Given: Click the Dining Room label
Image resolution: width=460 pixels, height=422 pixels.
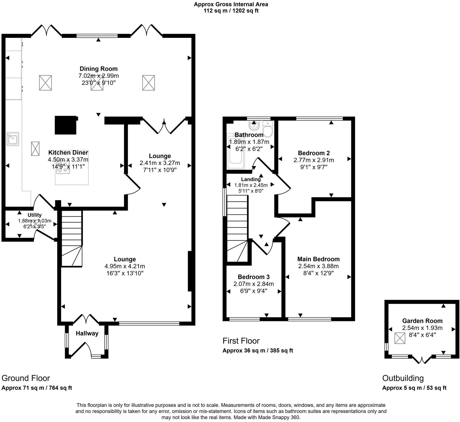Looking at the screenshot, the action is (99, 69).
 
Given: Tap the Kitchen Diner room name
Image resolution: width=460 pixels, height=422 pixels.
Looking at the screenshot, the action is (68, 153).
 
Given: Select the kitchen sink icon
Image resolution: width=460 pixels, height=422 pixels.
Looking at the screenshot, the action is (13, 139).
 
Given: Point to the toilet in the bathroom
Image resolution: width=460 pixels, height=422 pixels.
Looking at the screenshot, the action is (268, 129).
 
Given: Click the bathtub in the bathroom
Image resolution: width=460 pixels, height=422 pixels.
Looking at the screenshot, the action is (236, 151).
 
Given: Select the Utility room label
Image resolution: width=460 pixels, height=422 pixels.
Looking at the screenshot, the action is (35, 215).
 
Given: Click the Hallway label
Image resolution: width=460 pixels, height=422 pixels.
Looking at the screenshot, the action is (87, 333).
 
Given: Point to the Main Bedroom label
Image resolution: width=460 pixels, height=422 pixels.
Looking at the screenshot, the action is (319, 259).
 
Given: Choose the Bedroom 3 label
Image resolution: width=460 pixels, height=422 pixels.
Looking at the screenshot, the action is (254, 277).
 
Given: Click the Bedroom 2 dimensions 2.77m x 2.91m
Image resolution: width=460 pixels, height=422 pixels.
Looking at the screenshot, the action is (314, 160).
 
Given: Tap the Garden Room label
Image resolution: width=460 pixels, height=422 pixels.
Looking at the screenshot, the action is (422, 321).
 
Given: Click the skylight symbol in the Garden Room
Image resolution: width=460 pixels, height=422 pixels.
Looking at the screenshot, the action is (400, 338).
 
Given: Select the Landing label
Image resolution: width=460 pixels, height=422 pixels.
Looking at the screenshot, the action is (251, 179).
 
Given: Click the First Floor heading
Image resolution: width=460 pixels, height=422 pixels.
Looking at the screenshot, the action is (241, 341).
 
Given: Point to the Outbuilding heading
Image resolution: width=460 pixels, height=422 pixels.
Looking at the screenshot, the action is (403, 378).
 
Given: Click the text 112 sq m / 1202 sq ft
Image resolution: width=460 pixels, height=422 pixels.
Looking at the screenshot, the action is (231, 11).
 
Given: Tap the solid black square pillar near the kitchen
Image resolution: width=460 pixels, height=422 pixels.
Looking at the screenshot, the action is (66, 125).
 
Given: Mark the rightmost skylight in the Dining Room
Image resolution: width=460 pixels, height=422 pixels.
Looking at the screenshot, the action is (148, 83).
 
